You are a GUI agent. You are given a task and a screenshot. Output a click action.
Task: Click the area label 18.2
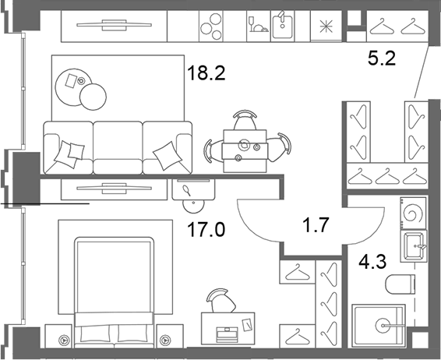tap(206, 72)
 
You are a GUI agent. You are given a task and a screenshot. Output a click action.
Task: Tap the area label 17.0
tap(206, 229)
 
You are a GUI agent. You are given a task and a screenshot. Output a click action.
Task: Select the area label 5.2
tap(382, 58)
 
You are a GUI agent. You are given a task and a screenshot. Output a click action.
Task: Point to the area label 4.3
tap(372, 261)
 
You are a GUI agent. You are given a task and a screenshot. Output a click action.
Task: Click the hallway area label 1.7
tap(316, 225)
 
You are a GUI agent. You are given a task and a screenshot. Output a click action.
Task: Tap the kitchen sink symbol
tap(282, 26)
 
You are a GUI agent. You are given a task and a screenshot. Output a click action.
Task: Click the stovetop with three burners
tap(211, 26)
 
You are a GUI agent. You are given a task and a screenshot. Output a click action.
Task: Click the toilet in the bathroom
tap(400, 284)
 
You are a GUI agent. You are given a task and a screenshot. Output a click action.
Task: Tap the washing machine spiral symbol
tap(413, 214)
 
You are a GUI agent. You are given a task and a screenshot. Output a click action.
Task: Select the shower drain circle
tap(383, 326)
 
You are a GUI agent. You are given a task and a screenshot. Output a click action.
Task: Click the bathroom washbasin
tap(414, 246)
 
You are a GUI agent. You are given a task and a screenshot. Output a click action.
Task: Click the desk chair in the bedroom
tap(220, 300)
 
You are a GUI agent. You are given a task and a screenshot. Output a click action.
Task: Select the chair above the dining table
tap(245, 119)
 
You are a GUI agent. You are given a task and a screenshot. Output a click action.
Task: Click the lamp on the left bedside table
tap(65, 341)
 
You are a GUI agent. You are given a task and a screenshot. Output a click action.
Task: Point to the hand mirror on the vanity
tap(187, 190)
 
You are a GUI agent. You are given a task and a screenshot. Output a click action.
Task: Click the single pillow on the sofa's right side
tap(168, 156)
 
